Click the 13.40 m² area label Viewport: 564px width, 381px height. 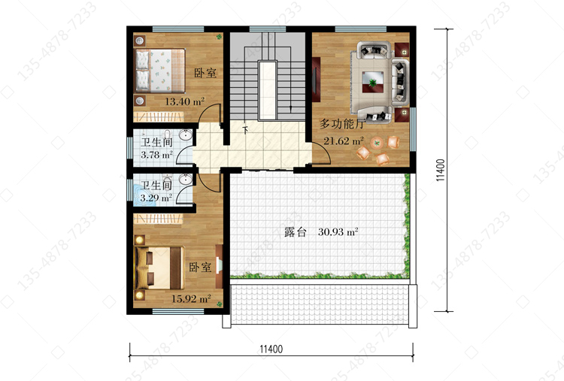[184, 101]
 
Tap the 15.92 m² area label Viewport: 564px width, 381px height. [191, 298]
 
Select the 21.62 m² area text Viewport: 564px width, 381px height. [344, 141]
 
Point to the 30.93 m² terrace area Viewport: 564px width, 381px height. [338, 232]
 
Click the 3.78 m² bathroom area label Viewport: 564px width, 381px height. [157, 155]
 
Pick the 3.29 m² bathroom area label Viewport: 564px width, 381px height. [156, 198]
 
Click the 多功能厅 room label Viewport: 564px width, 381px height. [341, 124]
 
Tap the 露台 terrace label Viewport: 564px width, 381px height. [295, 232]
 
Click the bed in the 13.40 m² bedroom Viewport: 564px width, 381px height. [159, 71]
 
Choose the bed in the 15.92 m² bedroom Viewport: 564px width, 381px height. [159, 268]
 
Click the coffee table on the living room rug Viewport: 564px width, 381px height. [373, 83]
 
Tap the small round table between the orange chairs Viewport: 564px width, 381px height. [377, 144]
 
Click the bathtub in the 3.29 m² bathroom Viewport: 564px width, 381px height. [144, 195]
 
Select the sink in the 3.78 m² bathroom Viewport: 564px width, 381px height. [186, 135]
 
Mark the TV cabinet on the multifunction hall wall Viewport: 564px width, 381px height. [316, 80]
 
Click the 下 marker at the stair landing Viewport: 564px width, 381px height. [246, 130]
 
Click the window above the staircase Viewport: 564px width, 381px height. [267, 29]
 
